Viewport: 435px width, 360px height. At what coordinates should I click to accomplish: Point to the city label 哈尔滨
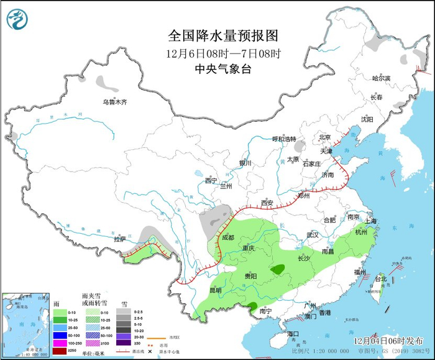(x=381, y=78)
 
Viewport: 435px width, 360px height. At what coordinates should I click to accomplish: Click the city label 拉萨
(x=119, y=239)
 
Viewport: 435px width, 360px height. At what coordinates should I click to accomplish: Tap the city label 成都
(x=227, y=238)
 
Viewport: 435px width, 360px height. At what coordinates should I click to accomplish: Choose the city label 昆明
(x=215, y=290)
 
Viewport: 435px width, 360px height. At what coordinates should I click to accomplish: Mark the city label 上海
(x=372, y=221)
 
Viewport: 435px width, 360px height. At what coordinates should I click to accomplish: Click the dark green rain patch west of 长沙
(x=278, y=269)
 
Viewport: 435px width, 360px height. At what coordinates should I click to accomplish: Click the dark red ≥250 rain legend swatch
(x=59, y=351)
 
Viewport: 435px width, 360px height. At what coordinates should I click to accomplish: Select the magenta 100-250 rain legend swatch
(x=59, y=343)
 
